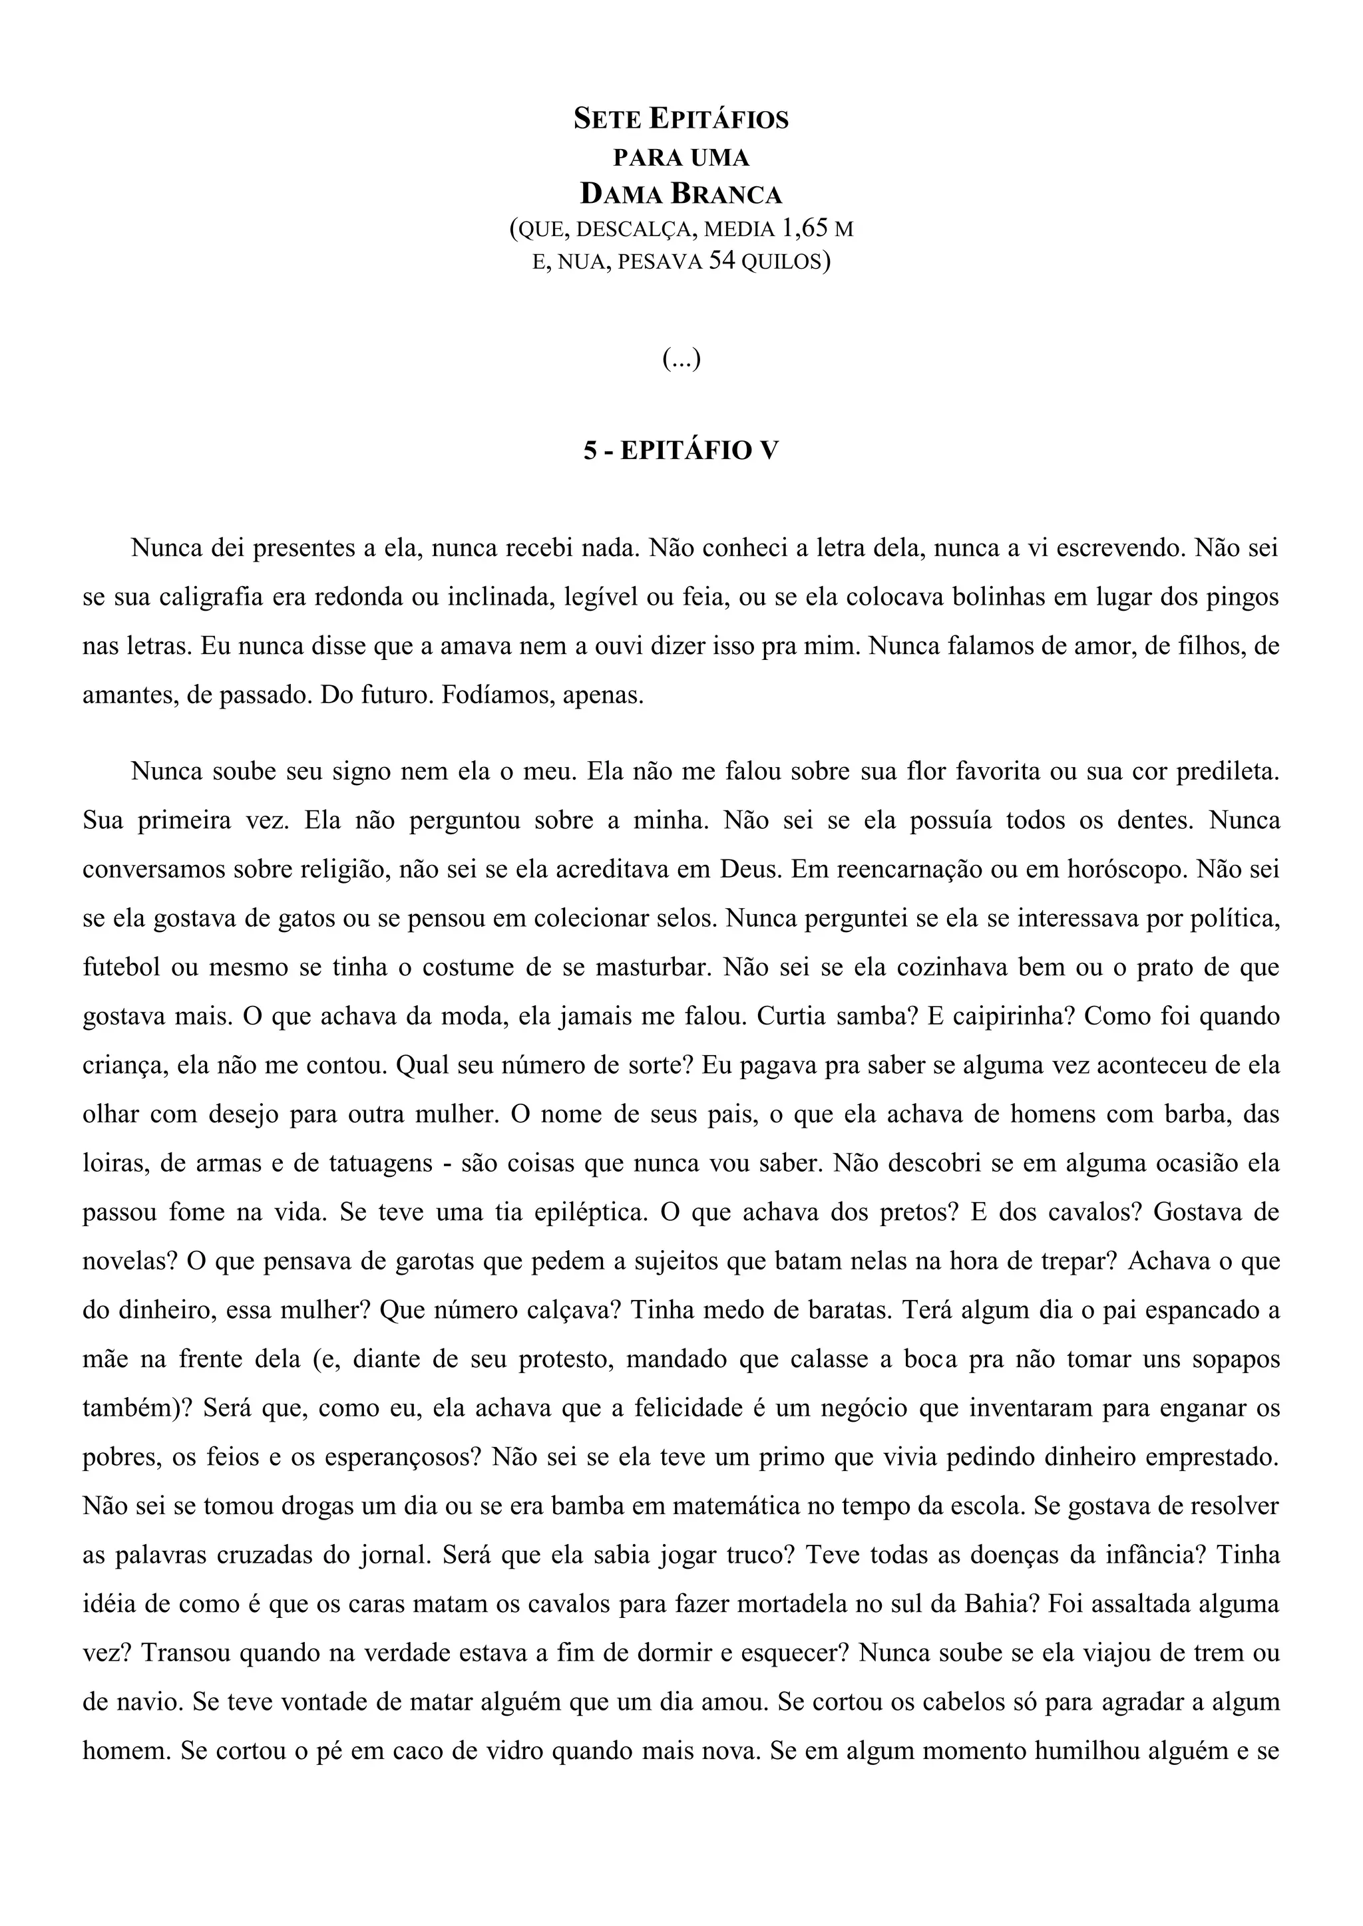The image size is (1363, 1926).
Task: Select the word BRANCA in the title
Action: point(726,195)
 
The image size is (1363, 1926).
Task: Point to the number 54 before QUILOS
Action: point(722,261)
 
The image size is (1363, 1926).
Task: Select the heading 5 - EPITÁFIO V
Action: point(681,450)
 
